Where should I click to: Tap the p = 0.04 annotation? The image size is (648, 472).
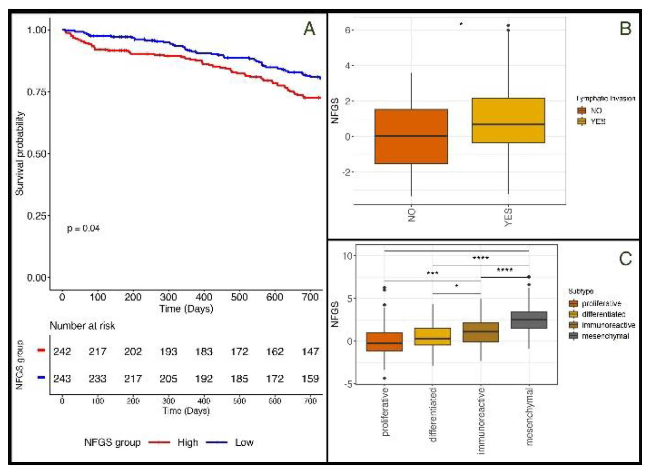point(83,229)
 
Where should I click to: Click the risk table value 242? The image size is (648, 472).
point(62,351)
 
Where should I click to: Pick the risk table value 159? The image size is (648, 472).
point(310,379)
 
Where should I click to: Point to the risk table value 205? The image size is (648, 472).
point(168,379)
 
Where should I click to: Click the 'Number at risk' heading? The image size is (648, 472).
point(82,326)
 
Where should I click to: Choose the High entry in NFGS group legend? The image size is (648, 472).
point(187,443)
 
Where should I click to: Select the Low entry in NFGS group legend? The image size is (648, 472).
point(244,443)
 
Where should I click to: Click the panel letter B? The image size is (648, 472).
point(625,29)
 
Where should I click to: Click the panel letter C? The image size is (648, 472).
point(625,258)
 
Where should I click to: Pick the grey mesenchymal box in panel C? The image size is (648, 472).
point(529,320)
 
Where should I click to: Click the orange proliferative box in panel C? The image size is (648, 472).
point(384,341)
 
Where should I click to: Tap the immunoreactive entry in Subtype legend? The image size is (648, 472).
point(608,325)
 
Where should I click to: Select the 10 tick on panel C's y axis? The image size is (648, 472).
point(347,256)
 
